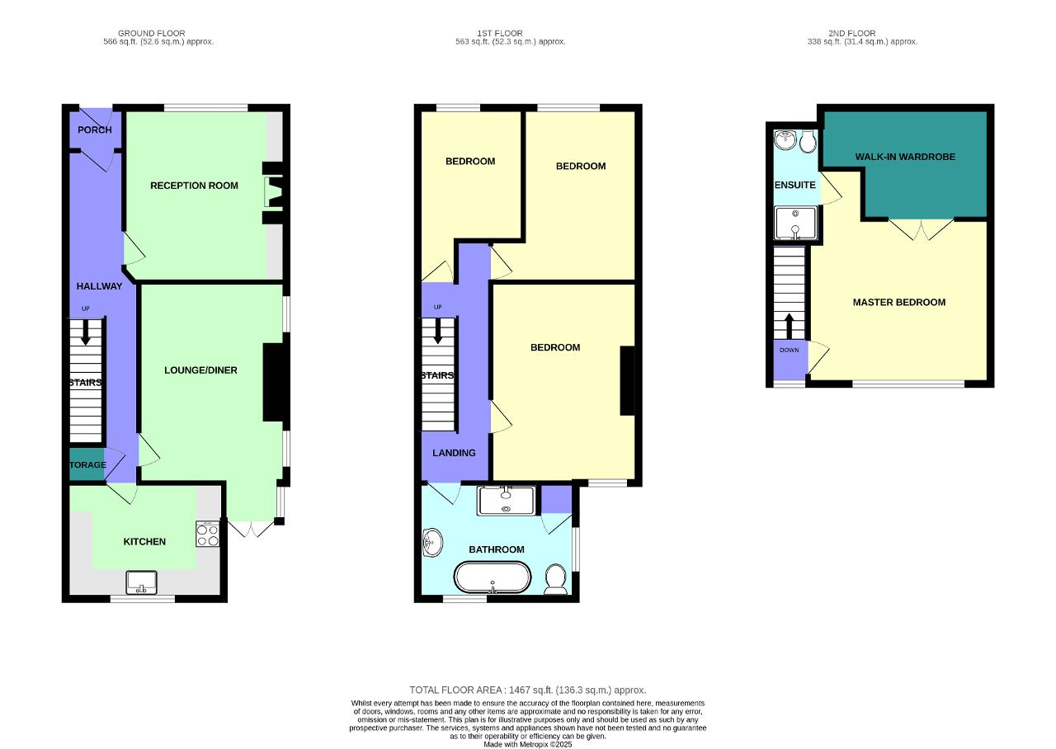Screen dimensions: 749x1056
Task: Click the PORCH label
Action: point(94,130)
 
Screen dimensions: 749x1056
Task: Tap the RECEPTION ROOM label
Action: point(194,186)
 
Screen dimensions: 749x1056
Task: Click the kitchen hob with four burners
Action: point(208,535)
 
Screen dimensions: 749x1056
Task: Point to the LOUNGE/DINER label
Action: point(200,370)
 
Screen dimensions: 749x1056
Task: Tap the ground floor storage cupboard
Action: point(87,464)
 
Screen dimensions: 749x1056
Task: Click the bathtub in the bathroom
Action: point(493,577)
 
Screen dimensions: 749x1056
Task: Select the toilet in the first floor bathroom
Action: point(555,579)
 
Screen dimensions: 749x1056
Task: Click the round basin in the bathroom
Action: point(431,543)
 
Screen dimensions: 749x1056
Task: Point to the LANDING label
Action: point(454,453)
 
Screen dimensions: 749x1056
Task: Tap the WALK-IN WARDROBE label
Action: point(905,157)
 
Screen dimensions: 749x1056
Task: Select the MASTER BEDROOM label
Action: point(898,303)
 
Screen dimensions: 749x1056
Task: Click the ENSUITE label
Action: point(794,185)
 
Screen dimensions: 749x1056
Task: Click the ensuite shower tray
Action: point(797,224)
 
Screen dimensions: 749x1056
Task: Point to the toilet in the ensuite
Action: point(808,142)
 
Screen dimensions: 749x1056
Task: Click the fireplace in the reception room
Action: point(271,193)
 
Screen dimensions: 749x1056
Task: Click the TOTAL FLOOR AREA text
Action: point(527,690)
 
